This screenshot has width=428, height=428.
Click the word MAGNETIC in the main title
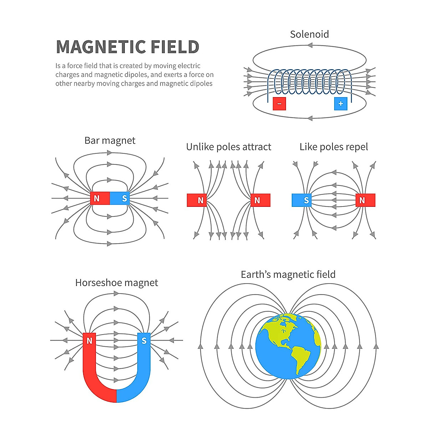tap(101, 47)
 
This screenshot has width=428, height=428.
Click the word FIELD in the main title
tap(175, 47)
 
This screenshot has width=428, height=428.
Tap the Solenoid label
tap(309, 34)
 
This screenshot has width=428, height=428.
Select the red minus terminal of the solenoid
tap(279, 103)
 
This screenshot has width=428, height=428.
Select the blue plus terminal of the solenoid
tap(341, 103)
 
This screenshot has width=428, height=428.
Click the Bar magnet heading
tap(110, 141)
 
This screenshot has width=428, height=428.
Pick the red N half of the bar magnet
tap(100, 198)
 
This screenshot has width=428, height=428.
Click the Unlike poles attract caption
tap(229, 147)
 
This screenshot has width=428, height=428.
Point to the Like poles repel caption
tap(333, 147)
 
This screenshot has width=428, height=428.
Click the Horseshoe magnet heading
tap(116, 283)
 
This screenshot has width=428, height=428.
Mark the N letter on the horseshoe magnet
tap(90, 341)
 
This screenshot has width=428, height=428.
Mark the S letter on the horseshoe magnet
tap(144, 341)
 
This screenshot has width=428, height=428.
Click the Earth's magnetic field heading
tap(288, 274)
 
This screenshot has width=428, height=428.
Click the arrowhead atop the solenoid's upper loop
tap(310, 45)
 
